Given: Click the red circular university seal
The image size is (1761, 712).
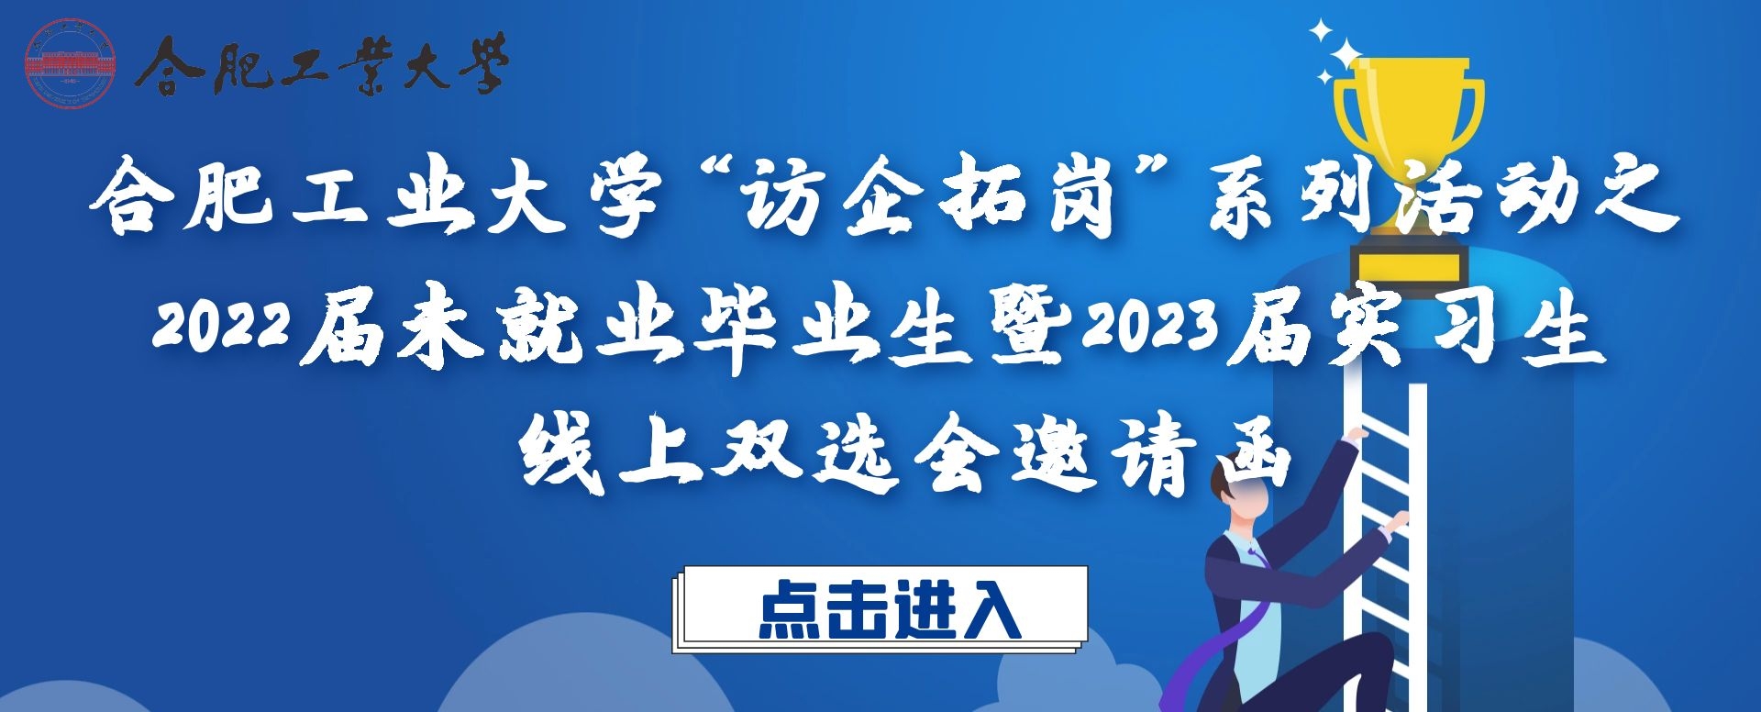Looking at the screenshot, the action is [x=70, y=63].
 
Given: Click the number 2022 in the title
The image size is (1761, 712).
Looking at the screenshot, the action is [x=223, y=328].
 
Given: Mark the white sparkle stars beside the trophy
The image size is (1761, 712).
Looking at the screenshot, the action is [x=1334, y=51].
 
